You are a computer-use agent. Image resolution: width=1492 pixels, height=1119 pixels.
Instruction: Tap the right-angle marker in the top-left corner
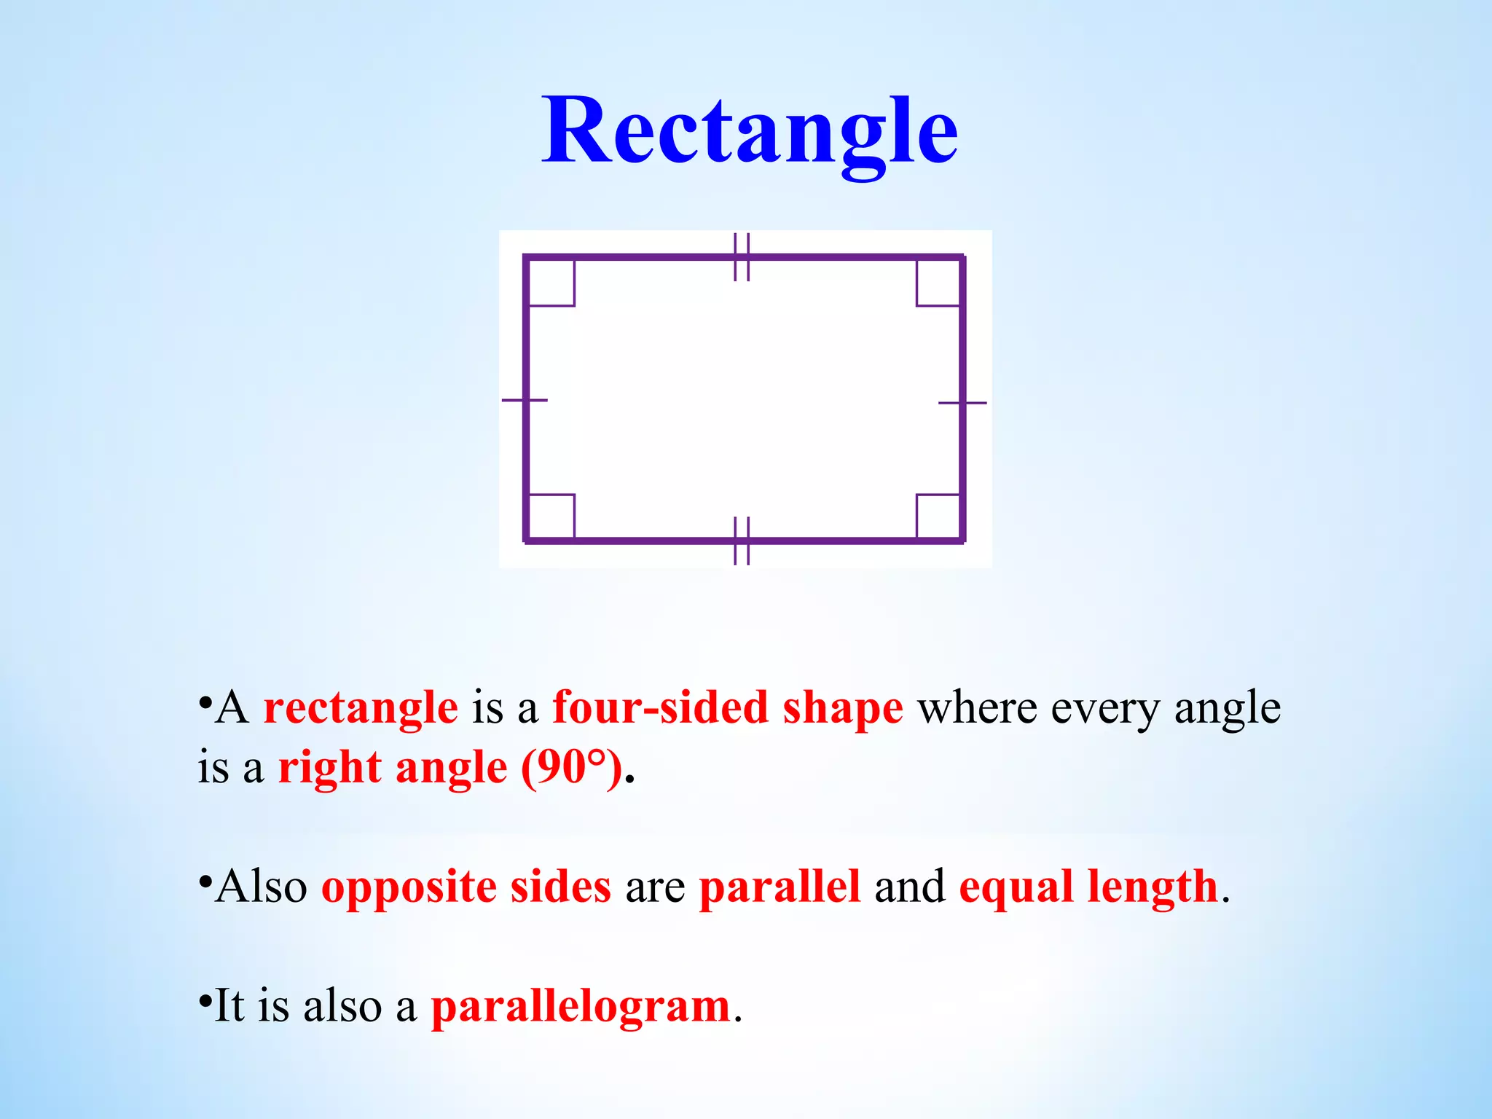click(x=551, y=283)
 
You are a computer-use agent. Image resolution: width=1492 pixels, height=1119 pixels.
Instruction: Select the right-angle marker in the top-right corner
click(x=938, y=283)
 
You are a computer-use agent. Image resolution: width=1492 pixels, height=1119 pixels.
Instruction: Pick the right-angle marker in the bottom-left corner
click(x=551, y=517)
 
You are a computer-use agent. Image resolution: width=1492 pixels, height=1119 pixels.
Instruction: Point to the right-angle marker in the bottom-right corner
click(x=938, y=517)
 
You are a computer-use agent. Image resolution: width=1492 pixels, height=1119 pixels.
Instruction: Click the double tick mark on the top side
click(x=742, y=257)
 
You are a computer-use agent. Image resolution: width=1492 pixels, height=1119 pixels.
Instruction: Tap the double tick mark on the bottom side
click(x=742, y=541)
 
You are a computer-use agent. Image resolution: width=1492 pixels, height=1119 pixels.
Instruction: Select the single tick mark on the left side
click(x=525, y=400)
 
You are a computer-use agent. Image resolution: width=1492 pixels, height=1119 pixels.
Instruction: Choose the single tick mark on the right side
click(x=962, y=402)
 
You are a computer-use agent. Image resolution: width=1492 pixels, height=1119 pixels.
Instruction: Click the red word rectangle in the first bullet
click(x=361, y=708)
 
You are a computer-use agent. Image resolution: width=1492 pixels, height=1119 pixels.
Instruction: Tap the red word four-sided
click(x=660, y=707)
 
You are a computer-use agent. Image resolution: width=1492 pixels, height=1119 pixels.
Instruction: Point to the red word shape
click(x=842, y=708)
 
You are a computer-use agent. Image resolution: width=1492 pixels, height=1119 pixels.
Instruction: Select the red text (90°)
click(x=572, y=767)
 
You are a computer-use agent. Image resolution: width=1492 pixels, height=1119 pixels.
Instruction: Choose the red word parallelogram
click(x=581, y=1008)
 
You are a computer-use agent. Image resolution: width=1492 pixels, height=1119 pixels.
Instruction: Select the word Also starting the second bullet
click(x=261, y=887)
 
